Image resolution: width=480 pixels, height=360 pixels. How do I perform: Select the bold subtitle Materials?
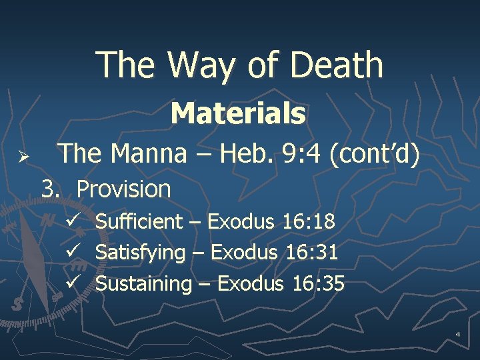coord(238,113)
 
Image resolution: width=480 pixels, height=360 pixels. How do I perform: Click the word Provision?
coord(124,189)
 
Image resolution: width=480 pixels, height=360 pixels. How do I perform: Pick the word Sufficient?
coord(139,221)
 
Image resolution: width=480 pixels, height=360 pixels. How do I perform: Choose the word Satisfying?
coord(141,253)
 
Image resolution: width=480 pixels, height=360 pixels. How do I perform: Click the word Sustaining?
coord(143,283)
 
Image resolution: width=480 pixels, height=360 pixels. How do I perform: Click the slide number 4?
coord(458,333)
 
